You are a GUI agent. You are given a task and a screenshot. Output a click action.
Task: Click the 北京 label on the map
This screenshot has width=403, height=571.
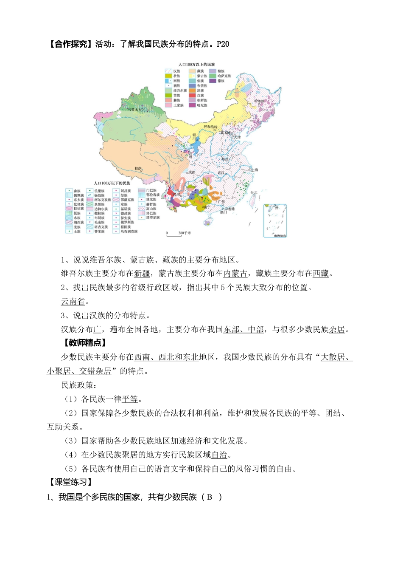224,133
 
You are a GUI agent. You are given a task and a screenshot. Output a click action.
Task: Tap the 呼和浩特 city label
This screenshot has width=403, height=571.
210,127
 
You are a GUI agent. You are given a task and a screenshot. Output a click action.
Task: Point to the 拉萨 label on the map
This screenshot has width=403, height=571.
138,168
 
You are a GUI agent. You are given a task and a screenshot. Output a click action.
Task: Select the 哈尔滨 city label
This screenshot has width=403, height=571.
259,101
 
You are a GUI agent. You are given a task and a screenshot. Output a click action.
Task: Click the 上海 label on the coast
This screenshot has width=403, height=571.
255,170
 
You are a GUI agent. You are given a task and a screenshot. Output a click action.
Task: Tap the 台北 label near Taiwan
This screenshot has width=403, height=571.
254,192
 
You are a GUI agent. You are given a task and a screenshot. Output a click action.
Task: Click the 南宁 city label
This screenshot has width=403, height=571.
207,207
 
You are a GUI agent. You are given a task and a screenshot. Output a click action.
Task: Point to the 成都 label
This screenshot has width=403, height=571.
192,172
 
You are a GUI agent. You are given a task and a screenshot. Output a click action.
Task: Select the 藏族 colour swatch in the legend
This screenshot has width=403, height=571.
192,71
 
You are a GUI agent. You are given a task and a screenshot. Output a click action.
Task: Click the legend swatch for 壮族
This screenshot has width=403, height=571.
168,76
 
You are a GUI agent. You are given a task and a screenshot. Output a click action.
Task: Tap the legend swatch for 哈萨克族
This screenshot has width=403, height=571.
213,76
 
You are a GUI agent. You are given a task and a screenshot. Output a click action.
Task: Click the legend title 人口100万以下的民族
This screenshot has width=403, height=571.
112,183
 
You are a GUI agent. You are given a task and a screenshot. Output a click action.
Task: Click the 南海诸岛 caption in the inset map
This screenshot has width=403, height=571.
280,235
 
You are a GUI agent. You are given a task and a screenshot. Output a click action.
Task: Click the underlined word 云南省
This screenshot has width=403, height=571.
73,302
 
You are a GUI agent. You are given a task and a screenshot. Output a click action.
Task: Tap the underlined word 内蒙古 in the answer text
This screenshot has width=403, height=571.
235,274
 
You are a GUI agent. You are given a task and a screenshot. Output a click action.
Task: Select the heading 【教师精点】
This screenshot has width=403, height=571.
84,343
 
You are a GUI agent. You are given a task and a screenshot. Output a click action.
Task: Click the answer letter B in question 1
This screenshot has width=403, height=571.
209,497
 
